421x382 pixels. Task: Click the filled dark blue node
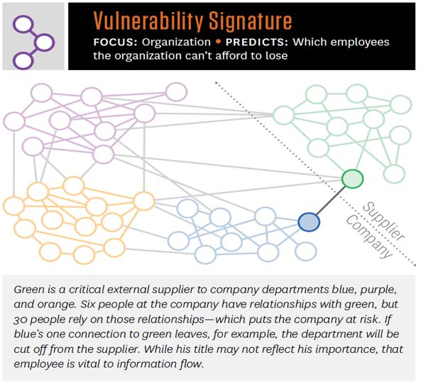coord(309,222)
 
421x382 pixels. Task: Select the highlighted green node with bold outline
coord(352,179)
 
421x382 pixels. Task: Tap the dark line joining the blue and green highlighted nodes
coord(331,201)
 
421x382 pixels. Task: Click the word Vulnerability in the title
coord(149,21)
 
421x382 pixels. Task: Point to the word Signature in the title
coord(250,21)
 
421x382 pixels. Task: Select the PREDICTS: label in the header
coord(256,42)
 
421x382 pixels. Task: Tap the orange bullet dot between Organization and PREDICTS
coord(218,42)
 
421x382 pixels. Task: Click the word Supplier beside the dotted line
coord(384,221)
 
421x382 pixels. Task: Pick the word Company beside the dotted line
coord(368,237)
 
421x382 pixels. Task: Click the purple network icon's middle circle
coord(44,43)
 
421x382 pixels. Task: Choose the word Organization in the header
coord(176,43)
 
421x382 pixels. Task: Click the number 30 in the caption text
coord(20,320)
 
